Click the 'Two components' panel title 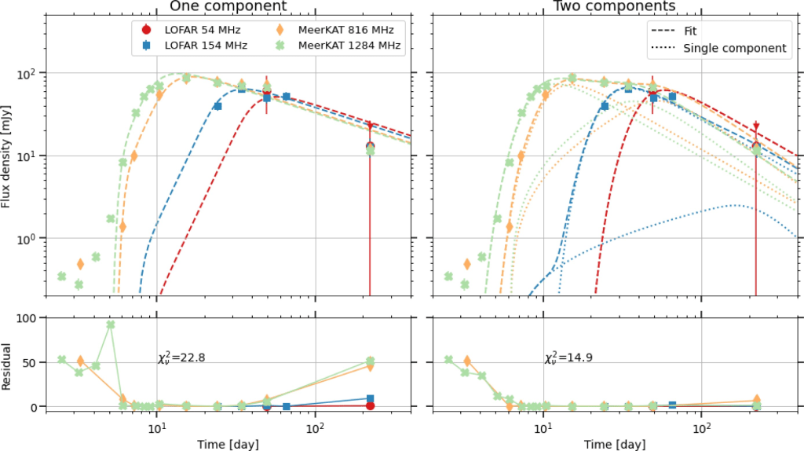pyautogui.click(x=615, y=6)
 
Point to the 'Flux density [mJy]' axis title pyautogui.click(x=7, y=157)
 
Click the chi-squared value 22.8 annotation pyautogui.click(x=181, y=358)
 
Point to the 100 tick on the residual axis pyautogui.click(x=30, y=317)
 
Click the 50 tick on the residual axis pyautogui.click(x=33, y=362)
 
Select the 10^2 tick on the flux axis pyautogui.click(x=28, y=73)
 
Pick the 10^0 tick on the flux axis pyautogui.click(x=28, y=238)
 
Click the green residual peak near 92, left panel pyautogui.click(x=111, y=324)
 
